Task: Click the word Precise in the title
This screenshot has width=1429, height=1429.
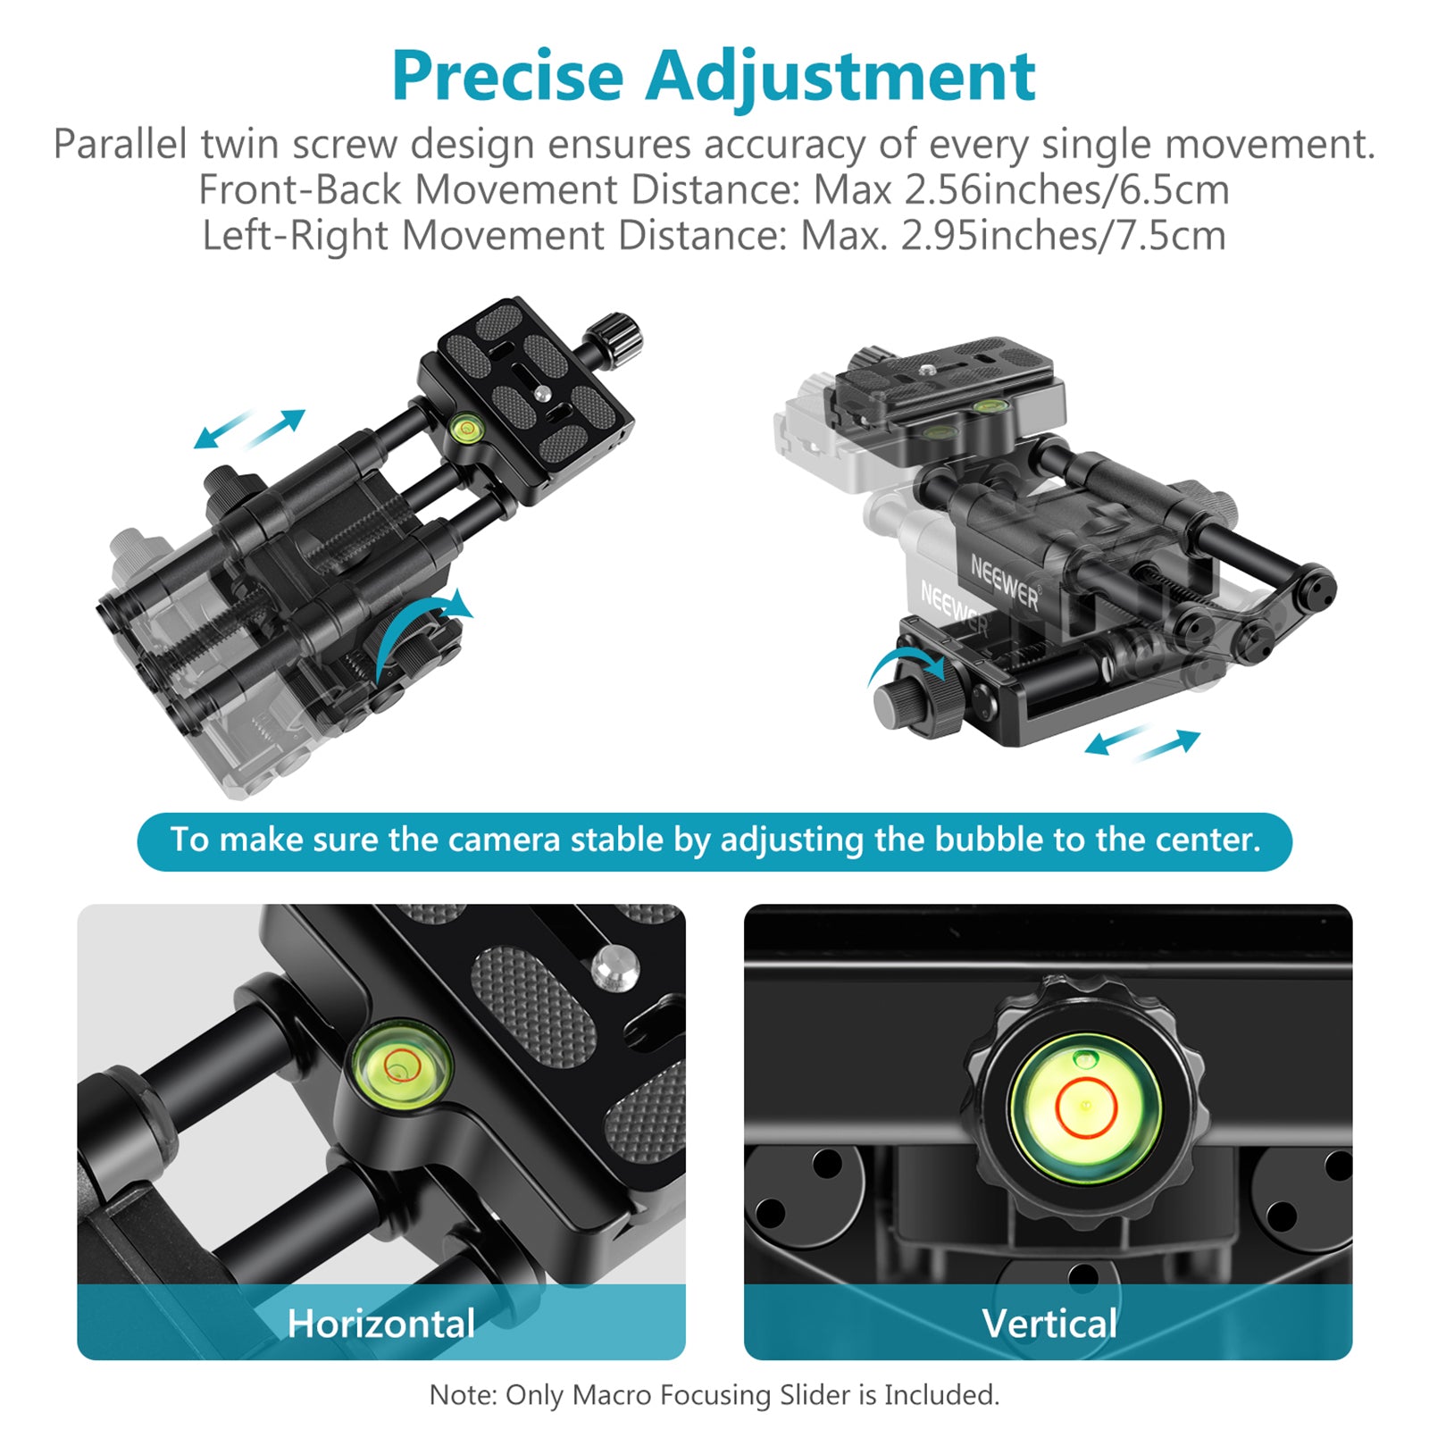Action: click(x=507, y=76)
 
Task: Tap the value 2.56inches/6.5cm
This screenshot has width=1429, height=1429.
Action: click(x=1066, y=190)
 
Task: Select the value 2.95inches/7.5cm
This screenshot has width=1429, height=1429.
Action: click(x=1063, y=236)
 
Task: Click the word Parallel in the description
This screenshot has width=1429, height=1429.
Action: click(x=121, y=144)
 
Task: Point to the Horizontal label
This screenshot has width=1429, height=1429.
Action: click(x=381, y=1324)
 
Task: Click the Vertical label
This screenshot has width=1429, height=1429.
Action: click(x=1049, y=1324)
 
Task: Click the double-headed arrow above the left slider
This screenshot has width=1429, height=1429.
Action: click(x=250, y=429)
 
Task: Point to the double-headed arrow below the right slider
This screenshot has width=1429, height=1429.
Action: click(x=1142, y=743)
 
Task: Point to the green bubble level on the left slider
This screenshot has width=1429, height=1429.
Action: click(x=464, y=430)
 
